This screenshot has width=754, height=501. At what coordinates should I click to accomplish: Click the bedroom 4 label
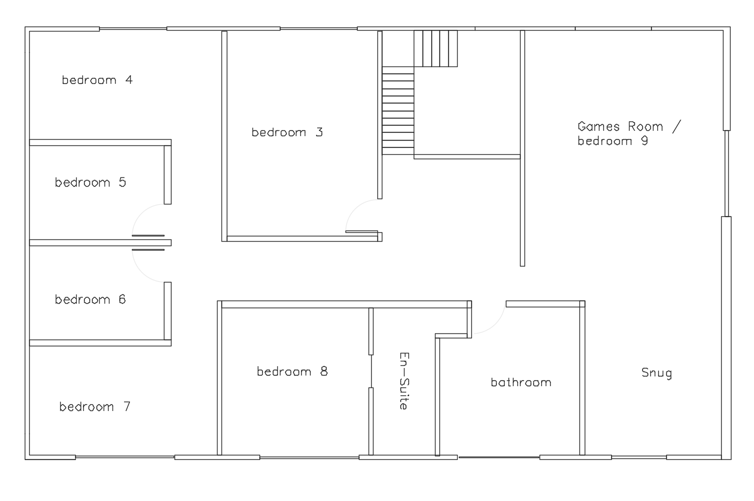[97, 80]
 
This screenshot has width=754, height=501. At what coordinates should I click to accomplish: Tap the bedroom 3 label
[287, 132]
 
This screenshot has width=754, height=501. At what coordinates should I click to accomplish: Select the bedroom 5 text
[90, 182]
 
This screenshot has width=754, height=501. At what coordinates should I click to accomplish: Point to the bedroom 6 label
[90, 299]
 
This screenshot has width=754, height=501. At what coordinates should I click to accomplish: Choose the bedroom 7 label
[95, 407]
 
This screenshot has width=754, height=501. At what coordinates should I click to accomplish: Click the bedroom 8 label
[292, 371]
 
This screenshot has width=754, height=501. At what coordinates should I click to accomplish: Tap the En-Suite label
[404, 381]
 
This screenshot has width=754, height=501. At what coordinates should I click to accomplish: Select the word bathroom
[521, 382]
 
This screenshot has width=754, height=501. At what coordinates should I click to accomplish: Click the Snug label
[657, 372]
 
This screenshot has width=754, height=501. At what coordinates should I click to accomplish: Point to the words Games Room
[620, 126]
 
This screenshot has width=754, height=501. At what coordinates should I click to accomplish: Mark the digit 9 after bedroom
[644, 141]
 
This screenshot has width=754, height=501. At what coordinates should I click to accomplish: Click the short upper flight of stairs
[435, 48]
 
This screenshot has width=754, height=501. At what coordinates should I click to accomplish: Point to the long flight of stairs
[398, 111]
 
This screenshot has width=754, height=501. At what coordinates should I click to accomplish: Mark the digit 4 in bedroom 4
[129, 80]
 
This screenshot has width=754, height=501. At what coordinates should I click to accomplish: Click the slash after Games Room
[676, 126]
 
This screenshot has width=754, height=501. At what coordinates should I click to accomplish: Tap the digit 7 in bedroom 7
[127, 407]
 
